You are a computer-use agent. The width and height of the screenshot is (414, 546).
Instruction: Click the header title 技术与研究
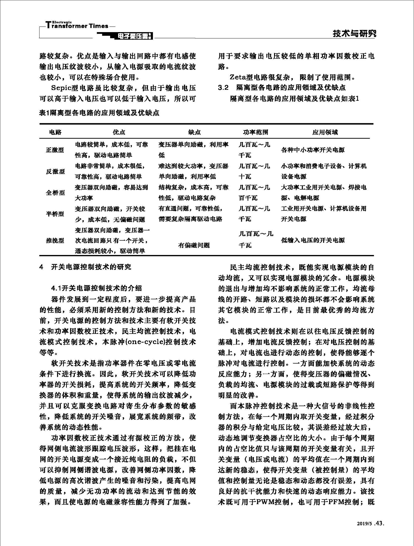(354, 33)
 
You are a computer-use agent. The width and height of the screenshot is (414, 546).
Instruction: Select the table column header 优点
(119, 132)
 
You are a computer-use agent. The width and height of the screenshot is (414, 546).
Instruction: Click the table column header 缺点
(194, 132)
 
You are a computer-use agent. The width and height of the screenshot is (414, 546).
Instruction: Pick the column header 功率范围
(255, 132)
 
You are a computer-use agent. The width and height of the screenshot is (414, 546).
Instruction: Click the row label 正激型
(55, 150)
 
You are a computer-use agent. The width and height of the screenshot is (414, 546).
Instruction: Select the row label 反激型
(55, 171)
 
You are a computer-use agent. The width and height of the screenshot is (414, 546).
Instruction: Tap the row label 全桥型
(55, 193)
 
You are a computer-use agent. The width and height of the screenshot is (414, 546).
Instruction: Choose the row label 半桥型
(55, 214)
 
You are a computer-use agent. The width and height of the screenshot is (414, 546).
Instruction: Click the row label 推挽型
(55, 240)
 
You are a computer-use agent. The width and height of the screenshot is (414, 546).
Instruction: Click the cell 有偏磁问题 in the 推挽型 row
(194, 245)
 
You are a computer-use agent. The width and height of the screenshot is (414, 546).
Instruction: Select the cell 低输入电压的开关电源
(313, 240)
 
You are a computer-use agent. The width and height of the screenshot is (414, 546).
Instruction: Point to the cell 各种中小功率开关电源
(313, 150)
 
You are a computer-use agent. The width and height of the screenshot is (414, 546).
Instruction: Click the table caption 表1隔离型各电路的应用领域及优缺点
(99, 113)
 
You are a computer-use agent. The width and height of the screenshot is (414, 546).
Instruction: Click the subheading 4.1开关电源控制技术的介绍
(96, 288)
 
